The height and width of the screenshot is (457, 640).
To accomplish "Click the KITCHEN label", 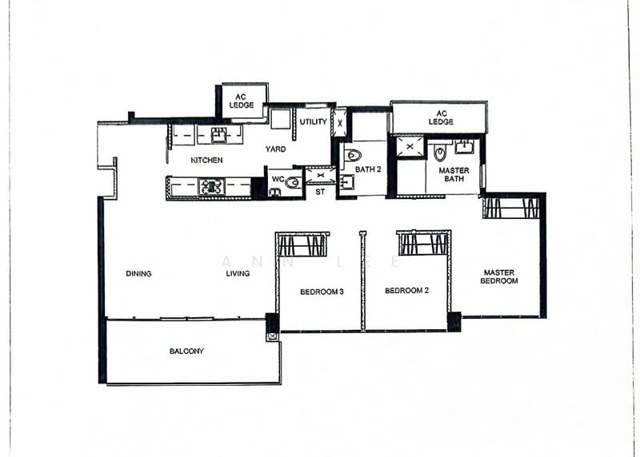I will click(x=206, y=161).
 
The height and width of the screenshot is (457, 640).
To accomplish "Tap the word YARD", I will click(x=276, y=149).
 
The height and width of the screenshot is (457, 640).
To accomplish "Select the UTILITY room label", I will click(x=313, y=122).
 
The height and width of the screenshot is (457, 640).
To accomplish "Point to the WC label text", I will click(x=278, y=179).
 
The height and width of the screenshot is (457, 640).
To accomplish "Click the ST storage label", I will click(x=320, y=192).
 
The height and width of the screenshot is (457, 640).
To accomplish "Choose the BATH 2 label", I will click(x=367, y=169).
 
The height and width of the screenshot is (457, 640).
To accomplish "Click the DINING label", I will click(x=138, y=273).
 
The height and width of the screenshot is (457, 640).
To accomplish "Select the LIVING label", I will click(x=238, y=273).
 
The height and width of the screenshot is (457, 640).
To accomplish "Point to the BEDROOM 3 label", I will click(x=322, y=292).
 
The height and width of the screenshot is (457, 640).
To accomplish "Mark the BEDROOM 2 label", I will click(x=406, y=291).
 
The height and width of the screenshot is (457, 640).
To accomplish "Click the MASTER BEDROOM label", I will click(x=499, y=276).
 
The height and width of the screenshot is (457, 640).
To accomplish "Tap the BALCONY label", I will click(x=186, y=351).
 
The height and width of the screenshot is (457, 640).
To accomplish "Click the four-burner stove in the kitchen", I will click(x=211, y=187).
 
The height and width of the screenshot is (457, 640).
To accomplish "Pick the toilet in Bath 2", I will click(x=354, y=155).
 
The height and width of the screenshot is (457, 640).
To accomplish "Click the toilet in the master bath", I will click(x=440, y=153).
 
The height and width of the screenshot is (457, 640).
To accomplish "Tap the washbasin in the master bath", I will click(x=464, y=146).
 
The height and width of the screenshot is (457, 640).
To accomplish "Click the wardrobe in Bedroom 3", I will click(x=302, y=244).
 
